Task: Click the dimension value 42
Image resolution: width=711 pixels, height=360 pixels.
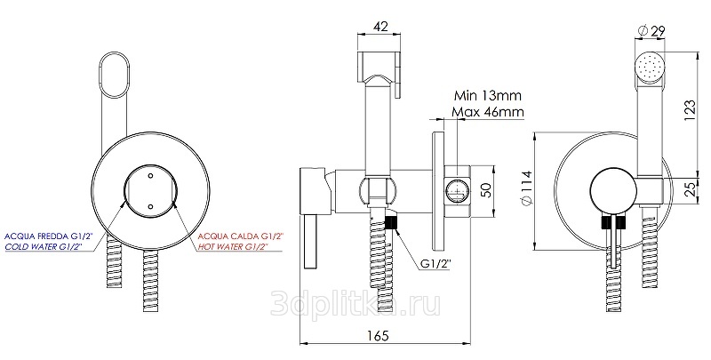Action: (x=380, y=27)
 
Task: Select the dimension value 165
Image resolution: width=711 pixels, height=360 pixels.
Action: (x=379, y=335)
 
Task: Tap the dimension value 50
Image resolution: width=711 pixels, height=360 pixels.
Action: (x=486, y=190)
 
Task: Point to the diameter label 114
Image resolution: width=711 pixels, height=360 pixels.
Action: (x=526, y=188)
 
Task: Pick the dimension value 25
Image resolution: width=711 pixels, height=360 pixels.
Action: (x=691, y=188)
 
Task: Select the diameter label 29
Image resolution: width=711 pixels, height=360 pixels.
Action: (x=651, y=31)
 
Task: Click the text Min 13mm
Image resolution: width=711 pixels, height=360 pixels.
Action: (x=487, y=96)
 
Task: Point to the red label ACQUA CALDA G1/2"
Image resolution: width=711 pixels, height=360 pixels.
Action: (x=241, y=236)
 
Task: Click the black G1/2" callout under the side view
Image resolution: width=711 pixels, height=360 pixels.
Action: (x=436, y=264)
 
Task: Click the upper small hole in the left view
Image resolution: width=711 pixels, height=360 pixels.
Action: (x=150, y=174)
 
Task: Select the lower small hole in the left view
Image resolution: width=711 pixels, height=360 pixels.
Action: (x=150, y=207)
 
